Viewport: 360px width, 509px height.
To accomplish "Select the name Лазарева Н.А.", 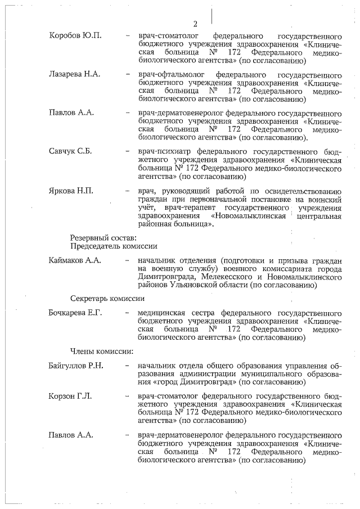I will click(x=73, y=75).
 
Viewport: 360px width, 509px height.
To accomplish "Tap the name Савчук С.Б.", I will click(x=70, y=151).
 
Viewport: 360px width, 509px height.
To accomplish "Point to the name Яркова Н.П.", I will click(x=70, y=190).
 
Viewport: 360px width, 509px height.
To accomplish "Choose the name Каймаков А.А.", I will click(x=75, y=261).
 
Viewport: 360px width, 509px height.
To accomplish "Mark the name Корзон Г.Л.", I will click(x=70, y=396).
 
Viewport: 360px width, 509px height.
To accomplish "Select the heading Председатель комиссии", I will click(x=113, y=246).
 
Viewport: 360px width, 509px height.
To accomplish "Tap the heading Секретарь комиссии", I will click(x=107, y=298).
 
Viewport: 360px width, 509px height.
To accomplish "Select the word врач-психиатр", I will click(x=164, y=151).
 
